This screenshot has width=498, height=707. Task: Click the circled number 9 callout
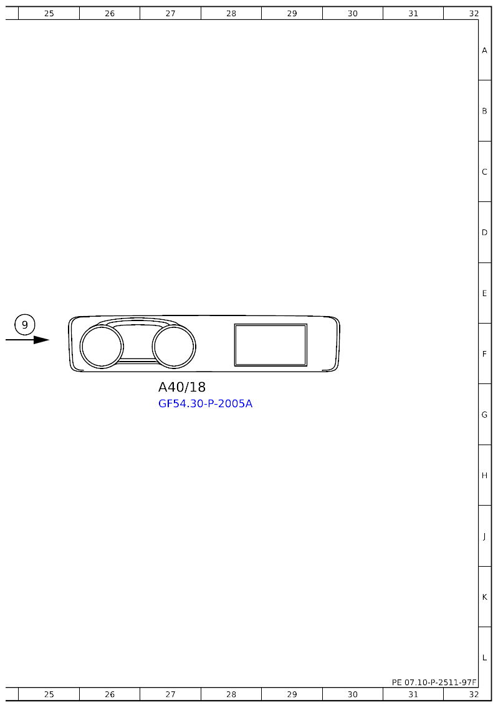tap(25, 325)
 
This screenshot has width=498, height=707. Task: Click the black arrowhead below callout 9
tap(42, 340)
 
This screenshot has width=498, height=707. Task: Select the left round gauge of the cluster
tap(102, 346)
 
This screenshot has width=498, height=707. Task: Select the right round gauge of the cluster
tap(174, 346)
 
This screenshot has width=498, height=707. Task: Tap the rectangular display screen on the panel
tap(271, 345)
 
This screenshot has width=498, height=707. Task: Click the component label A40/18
tap(182, 387)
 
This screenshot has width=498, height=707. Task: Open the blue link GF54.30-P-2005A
tap(205, 403)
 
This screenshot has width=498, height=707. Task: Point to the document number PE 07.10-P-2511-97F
tap(434, 682)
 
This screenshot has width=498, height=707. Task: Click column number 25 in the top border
tap(49, 14)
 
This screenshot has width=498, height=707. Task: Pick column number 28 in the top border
tap(231, 14)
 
